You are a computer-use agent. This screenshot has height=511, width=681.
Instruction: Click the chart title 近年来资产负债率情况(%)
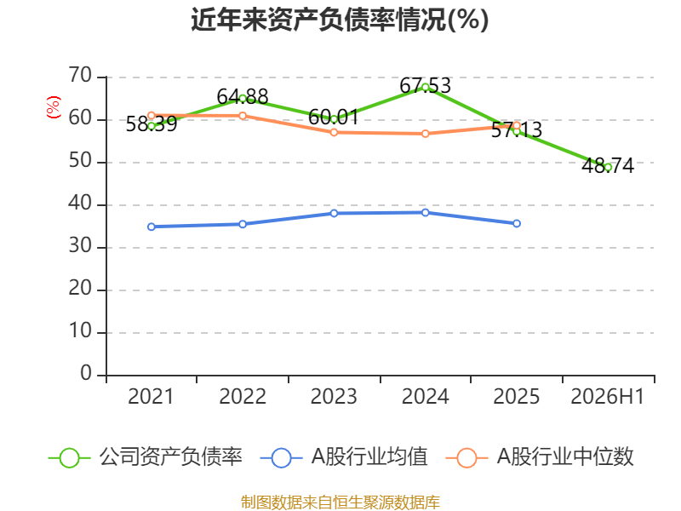[x=340, y=20]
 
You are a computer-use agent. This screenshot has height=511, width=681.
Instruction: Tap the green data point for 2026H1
[x=608, y=167]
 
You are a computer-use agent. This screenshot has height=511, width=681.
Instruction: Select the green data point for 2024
[x=425, y=88]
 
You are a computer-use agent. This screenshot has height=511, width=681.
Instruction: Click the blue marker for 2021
[x=152, y=227]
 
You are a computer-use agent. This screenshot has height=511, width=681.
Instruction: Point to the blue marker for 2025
[x=517, y=223]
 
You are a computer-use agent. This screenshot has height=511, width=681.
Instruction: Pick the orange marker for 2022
[x=243, y=116]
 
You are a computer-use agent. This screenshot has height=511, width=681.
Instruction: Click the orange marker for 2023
[x=334, y=132]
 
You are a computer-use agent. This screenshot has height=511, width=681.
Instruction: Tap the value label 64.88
[x=243, y=96]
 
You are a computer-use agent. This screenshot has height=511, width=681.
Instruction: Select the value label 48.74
[x=608, y=165]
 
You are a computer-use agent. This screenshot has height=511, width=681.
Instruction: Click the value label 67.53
[x=425, y=85]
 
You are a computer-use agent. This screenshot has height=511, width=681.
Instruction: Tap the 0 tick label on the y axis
[x=86, y=373]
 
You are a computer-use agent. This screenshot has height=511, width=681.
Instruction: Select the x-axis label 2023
[x=334, y=396]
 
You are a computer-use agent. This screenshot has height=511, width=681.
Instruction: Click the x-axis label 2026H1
[x=607, y=396]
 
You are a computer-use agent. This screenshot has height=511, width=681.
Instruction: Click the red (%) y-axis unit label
[x=54, y=107]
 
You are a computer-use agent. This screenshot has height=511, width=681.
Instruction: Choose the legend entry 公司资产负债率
[x=146, y=457]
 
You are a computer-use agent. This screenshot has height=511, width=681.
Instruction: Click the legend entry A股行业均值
[x=344, y=457]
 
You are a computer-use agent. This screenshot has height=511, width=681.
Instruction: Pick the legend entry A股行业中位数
[x=540, y=457]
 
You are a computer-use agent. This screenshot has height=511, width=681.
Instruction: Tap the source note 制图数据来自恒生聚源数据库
[x=340, y=502]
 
